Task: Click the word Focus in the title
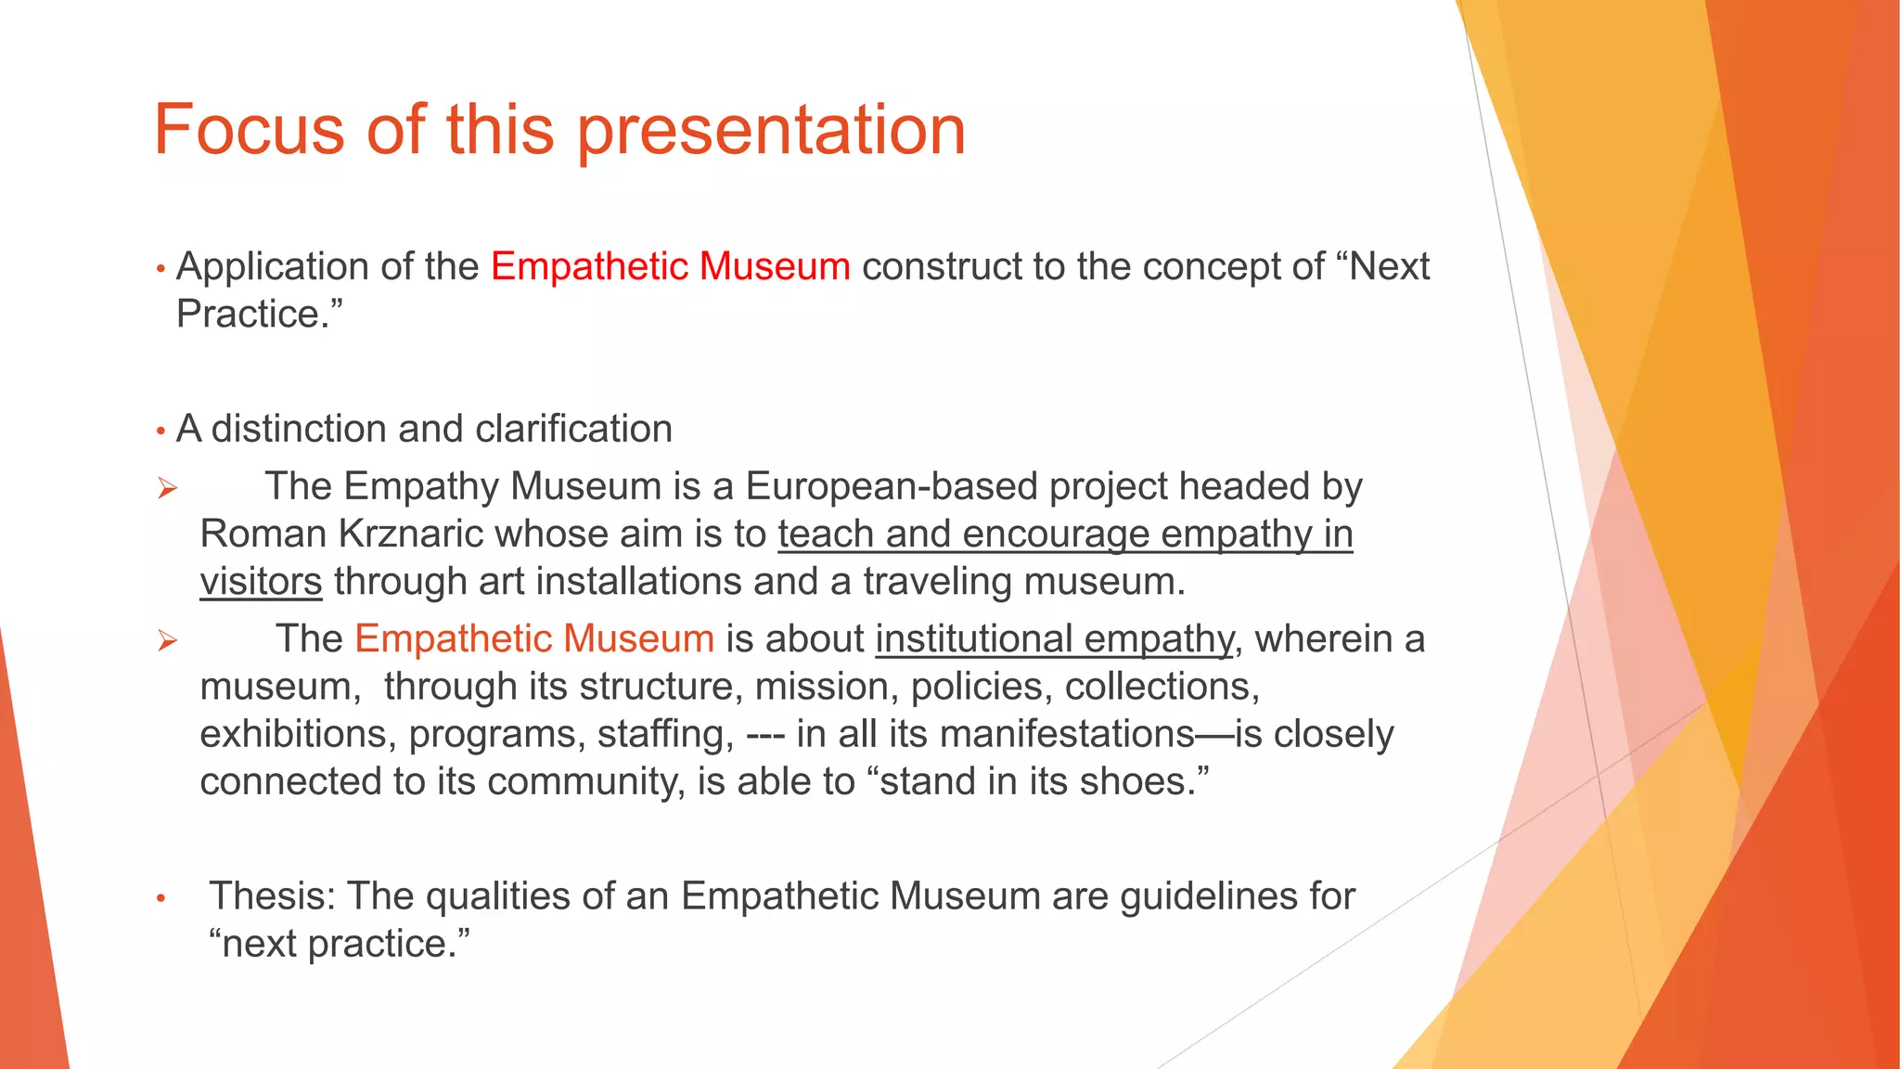(250, 130)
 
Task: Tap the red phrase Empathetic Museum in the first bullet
(670, 266)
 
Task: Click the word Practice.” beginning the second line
(259, 315)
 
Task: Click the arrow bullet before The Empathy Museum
(167, 488)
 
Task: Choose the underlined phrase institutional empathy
(1054, 639)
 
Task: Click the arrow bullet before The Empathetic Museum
(167, 640)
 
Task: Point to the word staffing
(665, 735)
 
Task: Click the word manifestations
(1067, 735)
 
